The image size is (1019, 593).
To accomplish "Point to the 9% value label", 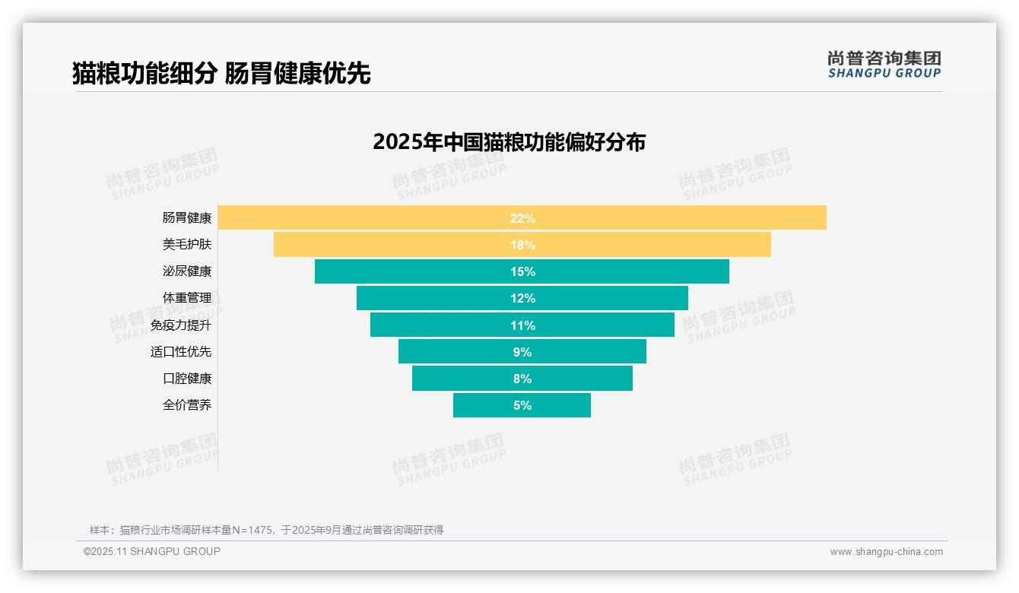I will point(522,352).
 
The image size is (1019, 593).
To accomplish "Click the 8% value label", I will point(522,379).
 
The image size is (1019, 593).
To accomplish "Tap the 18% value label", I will point(522,245).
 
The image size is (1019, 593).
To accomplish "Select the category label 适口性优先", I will point(181,352).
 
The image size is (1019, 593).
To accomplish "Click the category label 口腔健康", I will point(187,379).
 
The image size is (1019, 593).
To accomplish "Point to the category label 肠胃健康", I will point(187,218).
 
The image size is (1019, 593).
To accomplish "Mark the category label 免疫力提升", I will point(181,325).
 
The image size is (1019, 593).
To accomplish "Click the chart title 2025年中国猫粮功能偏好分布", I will point(509,142).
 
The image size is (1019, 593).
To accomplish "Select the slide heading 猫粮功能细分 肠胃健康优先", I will point(221,73).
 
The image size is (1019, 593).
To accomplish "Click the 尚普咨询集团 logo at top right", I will point(884,64).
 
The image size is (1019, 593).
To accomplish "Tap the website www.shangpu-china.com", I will point(886,552).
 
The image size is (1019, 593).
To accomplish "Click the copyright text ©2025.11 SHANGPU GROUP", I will point(152,551).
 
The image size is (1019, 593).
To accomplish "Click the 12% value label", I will point(522,298).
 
